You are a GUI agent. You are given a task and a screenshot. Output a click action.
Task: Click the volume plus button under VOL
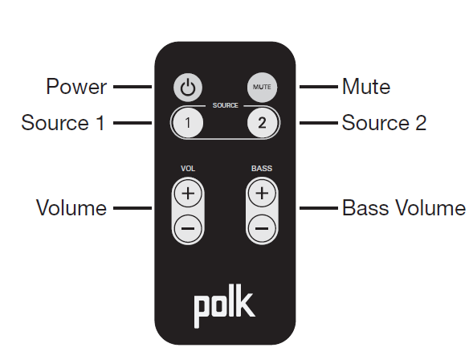[x=187, y=194]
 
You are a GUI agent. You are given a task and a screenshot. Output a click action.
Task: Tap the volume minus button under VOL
[x=187, y=228]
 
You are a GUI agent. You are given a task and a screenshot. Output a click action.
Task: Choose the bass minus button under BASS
[x=261, y=228]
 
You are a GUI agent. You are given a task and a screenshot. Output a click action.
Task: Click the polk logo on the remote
[x=224, y=305]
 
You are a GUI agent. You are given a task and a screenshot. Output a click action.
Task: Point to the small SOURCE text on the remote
[x=224, y=105]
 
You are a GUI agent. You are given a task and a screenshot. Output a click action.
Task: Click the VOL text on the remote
[x=187, y=169]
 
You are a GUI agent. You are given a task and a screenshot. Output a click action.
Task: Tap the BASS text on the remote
[x=261, y=169]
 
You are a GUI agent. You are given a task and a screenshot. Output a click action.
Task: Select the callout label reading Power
[x=76, y=86]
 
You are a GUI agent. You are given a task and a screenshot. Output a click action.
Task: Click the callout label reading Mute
[x=365, y=86]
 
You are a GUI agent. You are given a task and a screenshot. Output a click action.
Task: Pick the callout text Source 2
[x=384, y=123]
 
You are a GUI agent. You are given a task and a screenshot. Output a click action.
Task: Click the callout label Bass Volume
[x=403, y=208]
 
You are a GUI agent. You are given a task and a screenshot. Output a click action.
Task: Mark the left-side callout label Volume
[x=71, y=208]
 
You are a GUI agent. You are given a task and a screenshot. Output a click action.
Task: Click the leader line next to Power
[x=132, y=86]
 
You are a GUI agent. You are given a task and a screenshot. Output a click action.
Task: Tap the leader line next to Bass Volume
[x=318, y=208]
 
